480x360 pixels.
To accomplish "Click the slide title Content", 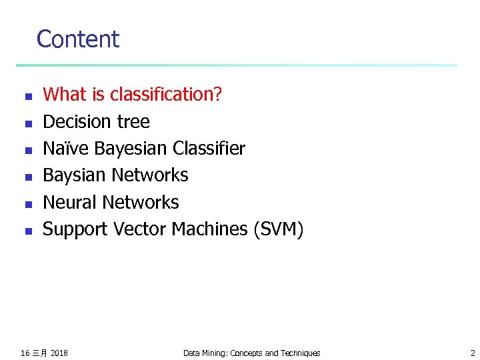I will [77, 39].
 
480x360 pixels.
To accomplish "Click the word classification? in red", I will [166, 95].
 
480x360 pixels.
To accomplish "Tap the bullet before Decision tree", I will [28, 123].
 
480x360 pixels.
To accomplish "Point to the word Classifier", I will [208, 148].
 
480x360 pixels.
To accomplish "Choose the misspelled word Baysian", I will [75, 175].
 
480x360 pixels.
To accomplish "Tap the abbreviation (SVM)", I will [278, 229].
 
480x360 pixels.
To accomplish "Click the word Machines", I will [209, 229].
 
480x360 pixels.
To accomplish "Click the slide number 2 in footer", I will [472, 353].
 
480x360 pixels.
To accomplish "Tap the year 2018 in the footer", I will [59, 353].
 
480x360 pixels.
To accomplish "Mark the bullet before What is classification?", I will [28, 97].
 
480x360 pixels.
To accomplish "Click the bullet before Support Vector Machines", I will [28, 231].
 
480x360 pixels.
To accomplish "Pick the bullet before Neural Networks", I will [28, 204].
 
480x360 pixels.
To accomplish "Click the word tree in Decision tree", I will [135, 121].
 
